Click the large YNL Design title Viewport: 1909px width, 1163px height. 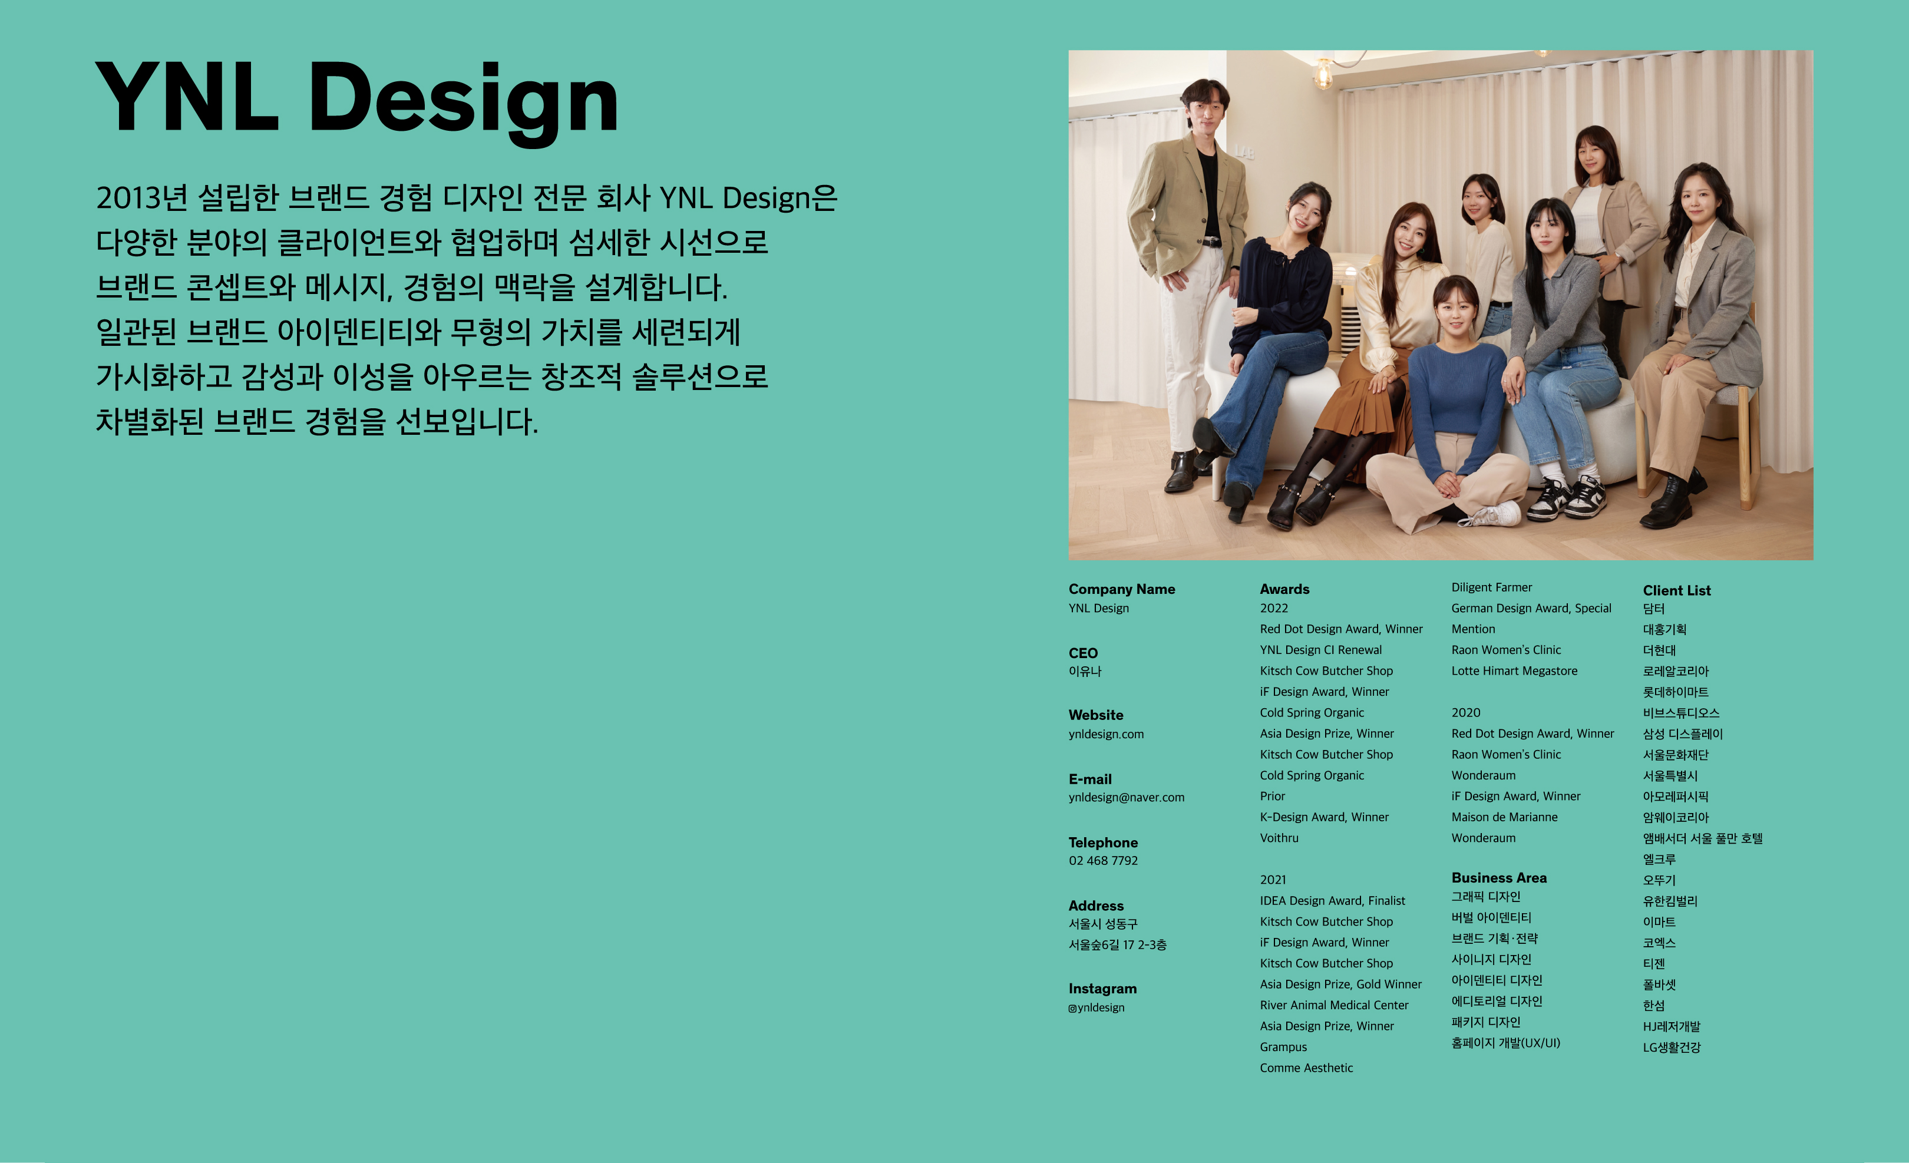click(x=356, y=101)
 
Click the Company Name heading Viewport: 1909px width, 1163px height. click(x=1121, y=589)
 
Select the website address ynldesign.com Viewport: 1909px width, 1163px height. click(x=1105, y=734)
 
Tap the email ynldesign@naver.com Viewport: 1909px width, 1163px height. click(x=1126, y=797)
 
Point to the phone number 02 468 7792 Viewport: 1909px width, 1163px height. click(x=1103, y=861)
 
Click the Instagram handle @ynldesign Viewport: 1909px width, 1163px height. click(x=1096, y=1007)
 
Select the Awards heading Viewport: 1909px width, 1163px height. click(x=1284, y=589)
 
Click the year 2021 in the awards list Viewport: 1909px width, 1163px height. click(x=1273, y=880)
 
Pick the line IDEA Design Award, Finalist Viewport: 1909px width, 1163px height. click(x=1332, y=900)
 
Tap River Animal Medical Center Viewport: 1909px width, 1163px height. click(x=1334, y=1005)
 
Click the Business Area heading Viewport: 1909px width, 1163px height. click(x=1498, y=878)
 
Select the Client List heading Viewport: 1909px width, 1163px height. click(x=1677, y=590)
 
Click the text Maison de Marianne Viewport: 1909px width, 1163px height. click(x=1504, y=817)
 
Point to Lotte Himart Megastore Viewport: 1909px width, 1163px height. click(x=1514, y=671)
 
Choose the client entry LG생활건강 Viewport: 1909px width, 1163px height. click(x=1671, y=1048)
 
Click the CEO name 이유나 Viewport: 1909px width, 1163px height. click(x=1085, y=672)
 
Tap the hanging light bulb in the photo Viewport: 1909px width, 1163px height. click(x=1324, y=74)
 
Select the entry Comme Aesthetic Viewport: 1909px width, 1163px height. click(x=1306, y=1068)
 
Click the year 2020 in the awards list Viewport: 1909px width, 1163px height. click(x=1465, y=713)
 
